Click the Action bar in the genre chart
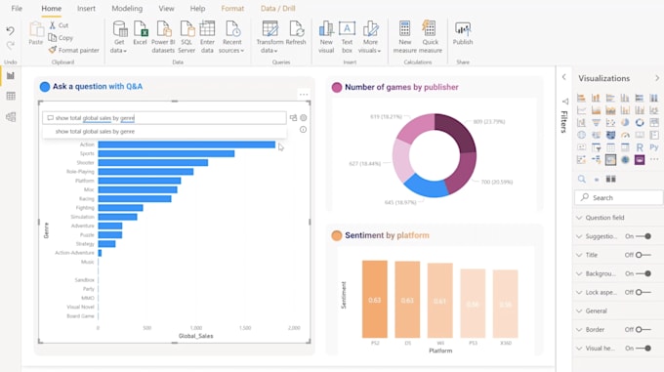pos(186,145)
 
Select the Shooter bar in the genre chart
pos(152,163)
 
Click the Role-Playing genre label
pos(82,172)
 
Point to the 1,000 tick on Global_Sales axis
pos(195,328)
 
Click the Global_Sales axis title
pos(195,337)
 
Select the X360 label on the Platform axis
pos(506,344)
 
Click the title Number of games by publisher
pos(401,87)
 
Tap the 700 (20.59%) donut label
pos(495,183)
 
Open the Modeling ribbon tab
pos(127,9)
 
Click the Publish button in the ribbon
pos(463,34)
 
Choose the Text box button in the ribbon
pos(348,34)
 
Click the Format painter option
pos(73,50)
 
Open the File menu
pos(17,9)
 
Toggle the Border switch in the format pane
pos(643,329)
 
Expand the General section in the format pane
pos(597,310)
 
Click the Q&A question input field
pos(164,117)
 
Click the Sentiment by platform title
pos(387,235)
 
